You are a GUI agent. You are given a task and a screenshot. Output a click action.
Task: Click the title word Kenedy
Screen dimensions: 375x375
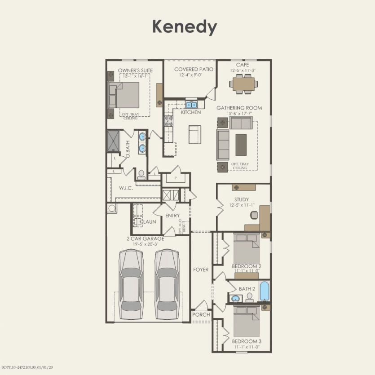coord(185,26)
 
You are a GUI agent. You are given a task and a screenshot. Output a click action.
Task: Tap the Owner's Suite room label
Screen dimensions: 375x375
coord(135,71)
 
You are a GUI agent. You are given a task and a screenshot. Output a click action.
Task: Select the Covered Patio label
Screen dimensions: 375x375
coord(194,69)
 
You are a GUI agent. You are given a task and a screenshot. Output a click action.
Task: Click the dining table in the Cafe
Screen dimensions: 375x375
coord(243,83)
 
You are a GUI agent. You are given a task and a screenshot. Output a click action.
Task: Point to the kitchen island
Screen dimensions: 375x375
coord(194,134)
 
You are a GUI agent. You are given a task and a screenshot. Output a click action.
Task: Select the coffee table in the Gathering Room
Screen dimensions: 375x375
coord(241,145)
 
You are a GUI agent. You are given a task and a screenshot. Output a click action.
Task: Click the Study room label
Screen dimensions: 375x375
coord(241,199)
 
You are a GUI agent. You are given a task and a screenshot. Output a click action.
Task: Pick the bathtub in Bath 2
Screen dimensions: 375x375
coord(265,291)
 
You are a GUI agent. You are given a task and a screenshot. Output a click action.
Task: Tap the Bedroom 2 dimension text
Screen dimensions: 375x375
coord(247,271)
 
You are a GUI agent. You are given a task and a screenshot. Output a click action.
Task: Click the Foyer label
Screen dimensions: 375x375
coord(201,269)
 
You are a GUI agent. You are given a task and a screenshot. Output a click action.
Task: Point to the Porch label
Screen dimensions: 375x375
coord(201,315)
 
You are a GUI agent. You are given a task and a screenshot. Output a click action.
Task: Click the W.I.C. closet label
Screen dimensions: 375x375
coord(126,188)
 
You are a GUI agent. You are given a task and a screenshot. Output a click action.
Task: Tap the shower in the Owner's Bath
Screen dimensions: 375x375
coord(113,140)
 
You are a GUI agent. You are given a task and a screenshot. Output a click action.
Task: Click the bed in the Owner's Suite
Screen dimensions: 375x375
coord(124,95)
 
